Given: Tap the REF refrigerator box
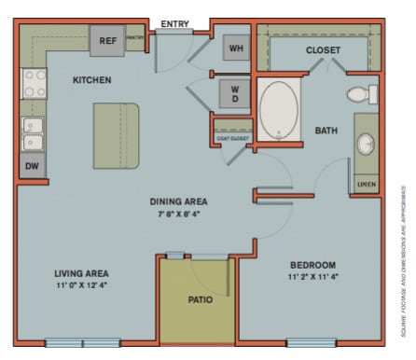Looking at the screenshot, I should (108, 41).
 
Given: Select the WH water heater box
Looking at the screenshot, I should (235, 48).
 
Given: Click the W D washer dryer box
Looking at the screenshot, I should (234, 93).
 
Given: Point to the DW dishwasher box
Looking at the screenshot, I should (32, 166).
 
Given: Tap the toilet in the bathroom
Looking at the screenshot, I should (359, 94).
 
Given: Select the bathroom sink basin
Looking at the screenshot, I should (365, 145).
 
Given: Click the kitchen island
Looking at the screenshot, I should (116, 135).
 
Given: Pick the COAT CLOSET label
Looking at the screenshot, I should (232, 138).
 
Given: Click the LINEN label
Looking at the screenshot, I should (365, 186).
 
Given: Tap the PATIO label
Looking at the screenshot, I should (201, 299).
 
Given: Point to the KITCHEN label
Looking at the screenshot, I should (92, 80).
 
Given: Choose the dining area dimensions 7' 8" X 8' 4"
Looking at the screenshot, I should (179, 214).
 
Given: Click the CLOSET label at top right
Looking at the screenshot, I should (323, 49).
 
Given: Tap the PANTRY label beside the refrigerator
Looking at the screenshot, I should (135, 40).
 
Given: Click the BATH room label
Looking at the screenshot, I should (326, 130).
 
